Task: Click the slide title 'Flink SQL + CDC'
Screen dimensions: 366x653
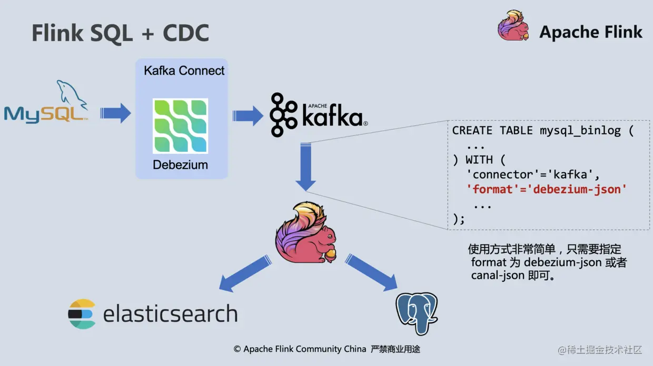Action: (120, 33)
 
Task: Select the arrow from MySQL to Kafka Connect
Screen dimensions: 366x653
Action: (115, 112)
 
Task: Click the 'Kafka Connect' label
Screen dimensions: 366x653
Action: (184, 71)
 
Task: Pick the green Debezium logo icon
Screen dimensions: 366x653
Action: (180, 126)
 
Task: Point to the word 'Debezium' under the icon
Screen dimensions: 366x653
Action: (180, 164)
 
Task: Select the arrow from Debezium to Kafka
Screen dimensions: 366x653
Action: (248, 115)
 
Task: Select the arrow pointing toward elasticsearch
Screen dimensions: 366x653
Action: (246, 273)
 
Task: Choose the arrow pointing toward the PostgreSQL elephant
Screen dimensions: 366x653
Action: (371, 272)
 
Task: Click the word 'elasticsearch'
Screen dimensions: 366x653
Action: (170, 314)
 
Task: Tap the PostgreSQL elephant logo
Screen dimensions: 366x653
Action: (417, 313)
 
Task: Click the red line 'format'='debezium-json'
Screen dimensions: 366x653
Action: (547, 189)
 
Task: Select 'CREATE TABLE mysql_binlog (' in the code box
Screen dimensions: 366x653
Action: (543, 131)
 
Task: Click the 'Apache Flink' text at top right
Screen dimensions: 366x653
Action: (590, 32)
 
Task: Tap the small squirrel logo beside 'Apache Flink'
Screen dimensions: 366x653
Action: (513, 26)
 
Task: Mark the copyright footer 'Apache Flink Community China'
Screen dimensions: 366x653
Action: (304, 349)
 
